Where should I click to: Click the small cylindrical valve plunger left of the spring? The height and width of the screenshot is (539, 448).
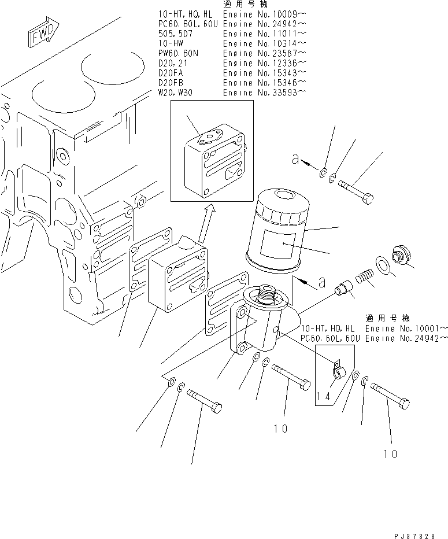click(x=346, y=287)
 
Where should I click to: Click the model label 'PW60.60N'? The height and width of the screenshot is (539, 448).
click(x=179, y=53)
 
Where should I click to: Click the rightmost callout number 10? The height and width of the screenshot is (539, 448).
click(x=391, y=454)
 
